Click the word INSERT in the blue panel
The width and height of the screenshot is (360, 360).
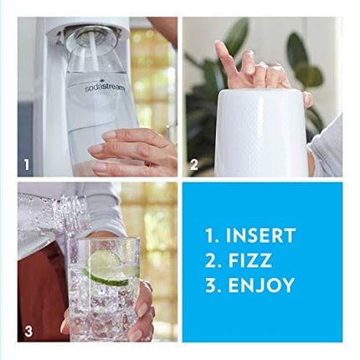pos(260,236)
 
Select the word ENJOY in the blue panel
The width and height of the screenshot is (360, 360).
pos(260,285)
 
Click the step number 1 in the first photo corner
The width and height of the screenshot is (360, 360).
pos(27,165)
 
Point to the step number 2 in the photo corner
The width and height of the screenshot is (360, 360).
pos(194,165)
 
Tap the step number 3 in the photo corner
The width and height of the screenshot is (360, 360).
pos(28,332)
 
